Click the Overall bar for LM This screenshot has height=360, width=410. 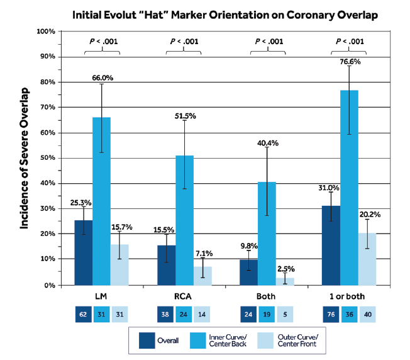pos(83,252)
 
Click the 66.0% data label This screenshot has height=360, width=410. pos(102,77)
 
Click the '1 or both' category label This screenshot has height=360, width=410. pos(348,295)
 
